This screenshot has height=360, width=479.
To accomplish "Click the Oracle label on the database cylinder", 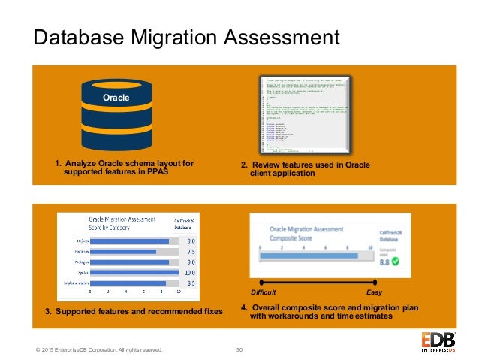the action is click(116, 98).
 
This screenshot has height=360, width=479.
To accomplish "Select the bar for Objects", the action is click(129, 241).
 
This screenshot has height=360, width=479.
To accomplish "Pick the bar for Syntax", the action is click(134, 272).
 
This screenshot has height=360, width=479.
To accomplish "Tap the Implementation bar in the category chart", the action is click(128, 283).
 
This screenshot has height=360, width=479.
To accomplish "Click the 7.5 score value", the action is click(191, 252).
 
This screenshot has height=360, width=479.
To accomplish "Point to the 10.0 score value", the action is click(191, 272).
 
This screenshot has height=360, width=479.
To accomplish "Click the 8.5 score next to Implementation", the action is click(191, 283).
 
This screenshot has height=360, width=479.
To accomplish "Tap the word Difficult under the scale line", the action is click(263, 292).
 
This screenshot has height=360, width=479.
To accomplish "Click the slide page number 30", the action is click(239, 349).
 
